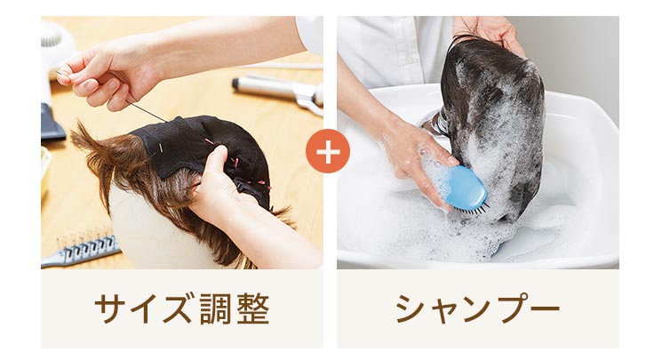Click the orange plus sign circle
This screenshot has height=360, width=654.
pyautogui.click(x=327, y=152)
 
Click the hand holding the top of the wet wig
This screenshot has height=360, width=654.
pyautogui.click(x=493, y=31)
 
